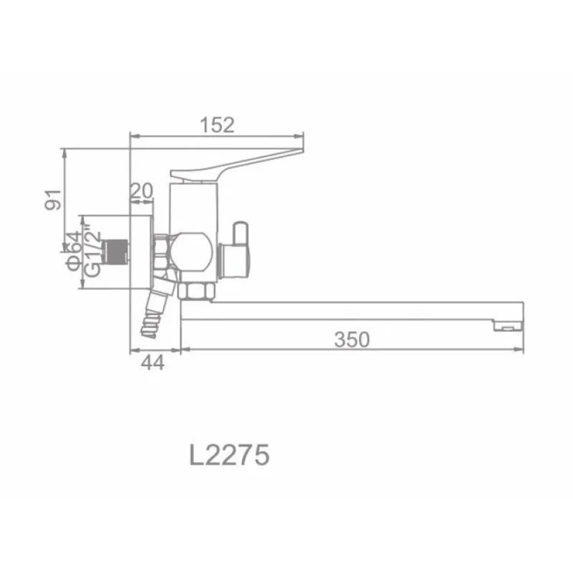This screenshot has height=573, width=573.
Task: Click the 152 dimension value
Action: [x=217, y=125]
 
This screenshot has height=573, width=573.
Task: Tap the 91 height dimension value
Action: [x=53, y=200]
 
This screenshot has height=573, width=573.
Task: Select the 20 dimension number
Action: [x=141, y=191]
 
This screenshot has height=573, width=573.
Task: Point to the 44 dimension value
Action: [x=153, y=362]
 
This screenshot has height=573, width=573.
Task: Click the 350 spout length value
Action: [x=352, y=340]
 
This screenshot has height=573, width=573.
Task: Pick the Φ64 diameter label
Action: [x=74, y=251]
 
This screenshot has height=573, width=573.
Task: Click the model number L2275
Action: [x=229, y=455]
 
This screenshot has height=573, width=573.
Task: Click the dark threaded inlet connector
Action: [x=116, y=251]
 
